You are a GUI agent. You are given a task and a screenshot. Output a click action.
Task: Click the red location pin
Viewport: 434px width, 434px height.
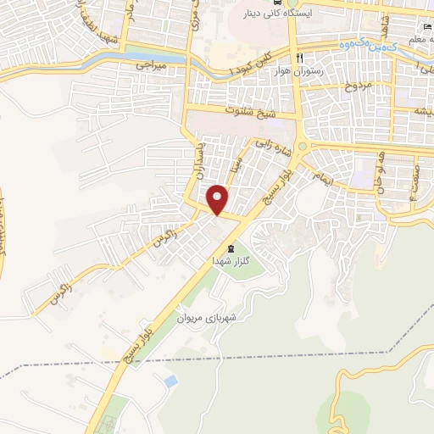(218, 199)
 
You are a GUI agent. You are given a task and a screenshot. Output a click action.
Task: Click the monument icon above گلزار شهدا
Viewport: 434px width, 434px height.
(231, 248)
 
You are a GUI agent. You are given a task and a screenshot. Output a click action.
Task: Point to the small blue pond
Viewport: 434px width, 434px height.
(171, 381)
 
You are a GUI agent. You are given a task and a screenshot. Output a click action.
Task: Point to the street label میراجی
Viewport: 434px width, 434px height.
(153, 64)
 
